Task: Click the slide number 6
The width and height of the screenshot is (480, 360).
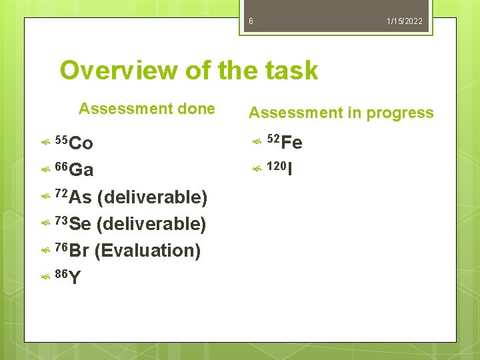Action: (251, 21)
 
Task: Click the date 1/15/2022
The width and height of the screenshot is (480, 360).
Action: (405, 21)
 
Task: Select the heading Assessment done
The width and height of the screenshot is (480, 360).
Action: (147, 109)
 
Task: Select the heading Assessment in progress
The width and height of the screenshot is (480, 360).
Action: (341, 113)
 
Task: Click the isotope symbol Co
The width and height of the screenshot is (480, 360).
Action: (81, 143)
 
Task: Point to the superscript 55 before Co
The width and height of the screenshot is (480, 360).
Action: (61, 139)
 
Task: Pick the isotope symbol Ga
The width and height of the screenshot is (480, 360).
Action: (81, 170)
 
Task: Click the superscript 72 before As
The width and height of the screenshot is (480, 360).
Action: (61, 193)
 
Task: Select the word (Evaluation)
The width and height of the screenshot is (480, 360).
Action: (147, 251)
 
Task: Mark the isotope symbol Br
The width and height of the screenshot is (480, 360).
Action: (79, 251)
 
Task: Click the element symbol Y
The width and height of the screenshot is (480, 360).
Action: (75, 278)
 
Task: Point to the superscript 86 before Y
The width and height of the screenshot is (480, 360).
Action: (61, 273)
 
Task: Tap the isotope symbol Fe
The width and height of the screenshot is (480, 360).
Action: (292, 143)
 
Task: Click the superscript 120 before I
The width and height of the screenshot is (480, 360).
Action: (276, 165)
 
